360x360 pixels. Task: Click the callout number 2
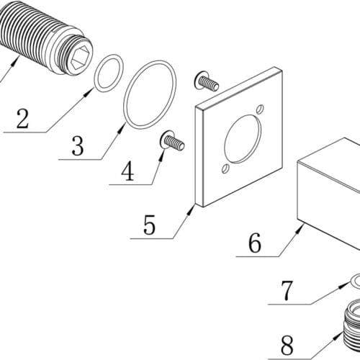pyautogui.click(x=22, y=119)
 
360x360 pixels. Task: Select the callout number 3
pyautogui.click(x=78, y=145)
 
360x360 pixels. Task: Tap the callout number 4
pyautogui.click(x=127, y=171)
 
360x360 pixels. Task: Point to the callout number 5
pyautogui.click(x=149, y=225)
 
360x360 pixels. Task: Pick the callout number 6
pyautogui.click(x=254, y=243)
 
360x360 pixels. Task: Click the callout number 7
pyautogui.click(x=287, y=291)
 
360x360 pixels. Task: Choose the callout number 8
pyautogui.click(x=287, y=345)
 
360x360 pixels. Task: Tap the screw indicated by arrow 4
pyautogui.click(x=172, y=142)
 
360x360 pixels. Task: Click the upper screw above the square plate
pyautogui.click(x=206, y=81)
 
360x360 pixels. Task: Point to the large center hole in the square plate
pyautogui.click(x=243, y=139)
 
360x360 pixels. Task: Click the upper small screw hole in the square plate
pyautogui.click(x=260, y=109)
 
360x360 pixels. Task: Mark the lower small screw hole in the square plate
pyautogui.click(x=225, y=168)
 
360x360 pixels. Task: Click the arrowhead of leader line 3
pyautogui.click(x=122, y=128)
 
